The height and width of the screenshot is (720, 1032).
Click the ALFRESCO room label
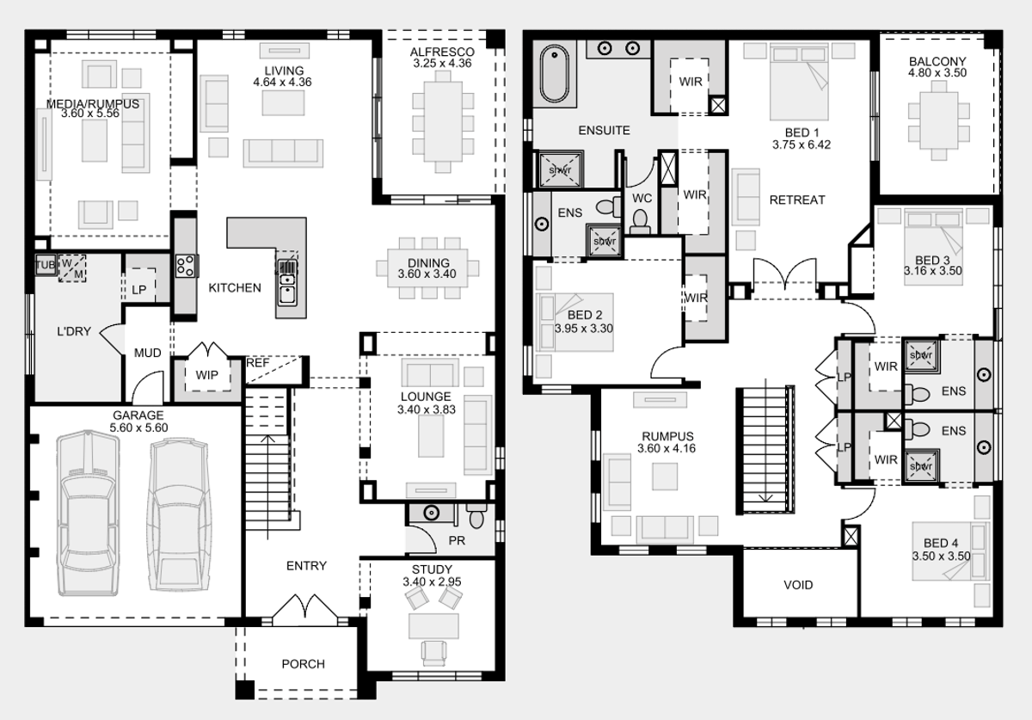click(442, 52)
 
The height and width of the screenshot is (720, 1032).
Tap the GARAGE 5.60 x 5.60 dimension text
click(138, 428)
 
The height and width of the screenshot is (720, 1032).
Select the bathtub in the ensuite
click(555, 74)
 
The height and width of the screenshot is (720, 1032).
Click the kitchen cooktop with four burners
click(185, 267)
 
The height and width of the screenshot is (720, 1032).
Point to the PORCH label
click(303, 664)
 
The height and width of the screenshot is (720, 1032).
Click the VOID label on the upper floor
click(798, 585)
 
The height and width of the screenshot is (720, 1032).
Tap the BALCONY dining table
click(939, 120)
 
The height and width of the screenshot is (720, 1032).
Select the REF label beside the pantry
click(257, 363)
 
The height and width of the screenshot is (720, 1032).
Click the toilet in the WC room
click(640, 222)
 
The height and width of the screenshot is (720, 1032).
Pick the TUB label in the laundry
click(45, 265)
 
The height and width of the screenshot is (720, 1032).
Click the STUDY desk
click(433, 626)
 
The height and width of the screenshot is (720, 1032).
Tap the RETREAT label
click(797, 200)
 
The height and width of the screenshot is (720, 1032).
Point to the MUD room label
click(147, 353)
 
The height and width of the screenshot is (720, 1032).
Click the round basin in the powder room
click(431, 513)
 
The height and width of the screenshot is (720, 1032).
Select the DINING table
click(427, 268)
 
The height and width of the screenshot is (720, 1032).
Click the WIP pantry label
click(207, 375)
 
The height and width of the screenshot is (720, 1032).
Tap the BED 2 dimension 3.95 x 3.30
click(584, 329)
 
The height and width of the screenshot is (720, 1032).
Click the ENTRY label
click(306, 565)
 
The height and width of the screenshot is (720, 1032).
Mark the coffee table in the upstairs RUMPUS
click(665, 477)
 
